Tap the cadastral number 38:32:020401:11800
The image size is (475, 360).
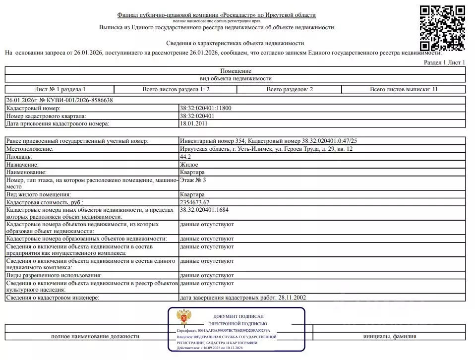click(205, 108)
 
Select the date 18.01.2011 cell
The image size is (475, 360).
click(194, 123)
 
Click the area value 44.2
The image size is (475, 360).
click(185, 156)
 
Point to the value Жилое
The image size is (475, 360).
click(189, 164)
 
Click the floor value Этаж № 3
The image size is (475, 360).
click(193, 180)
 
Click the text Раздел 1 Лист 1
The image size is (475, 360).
click(445, 62)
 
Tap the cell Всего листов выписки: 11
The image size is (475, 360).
click(404, 89)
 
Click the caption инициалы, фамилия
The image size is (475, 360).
click(389, 336)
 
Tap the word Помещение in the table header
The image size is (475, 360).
click(236, 71)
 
